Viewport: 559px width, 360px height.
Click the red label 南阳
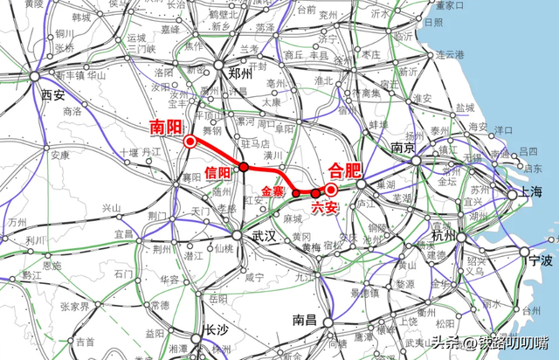(165, 125)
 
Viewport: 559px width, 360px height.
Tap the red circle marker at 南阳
(190, 141)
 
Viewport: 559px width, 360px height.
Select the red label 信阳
(218, 171)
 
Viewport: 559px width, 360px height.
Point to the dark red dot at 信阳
(245, 166)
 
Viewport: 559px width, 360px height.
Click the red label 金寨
(274, 189)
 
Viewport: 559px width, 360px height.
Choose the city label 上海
(530, 190)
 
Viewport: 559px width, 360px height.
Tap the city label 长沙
(216, 330)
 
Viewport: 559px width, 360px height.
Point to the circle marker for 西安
(36, 78)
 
